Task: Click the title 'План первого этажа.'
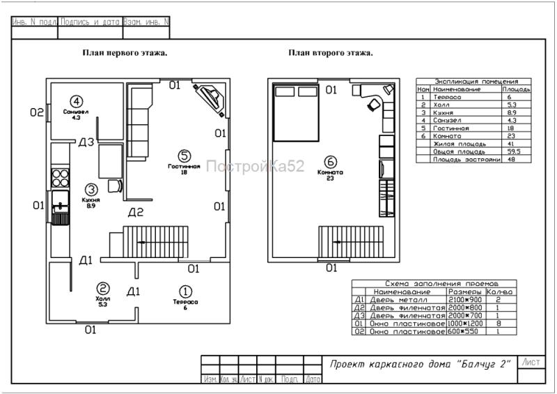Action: point(125,52)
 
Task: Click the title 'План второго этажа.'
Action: point(331,52)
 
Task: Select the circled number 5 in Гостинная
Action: point(182,156)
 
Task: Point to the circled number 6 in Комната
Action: point(331,163)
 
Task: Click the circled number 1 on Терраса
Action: point(185,291)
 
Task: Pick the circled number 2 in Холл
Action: point(102,288)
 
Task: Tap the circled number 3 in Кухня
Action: point(91,189)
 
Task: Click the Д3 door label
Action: point(86,143)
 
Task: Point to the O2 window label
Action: point(36,112)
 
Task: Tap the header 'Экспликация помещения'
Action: point(473,82)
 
